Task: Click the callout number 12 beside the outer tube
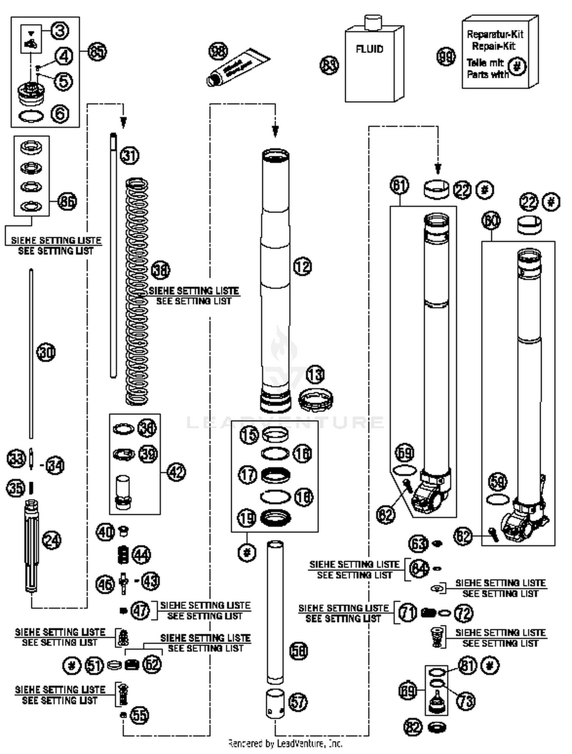[x=302, y=266]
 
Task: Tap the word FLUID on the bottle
[x=369, y=49]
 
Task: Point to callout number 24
[x=51, y=540]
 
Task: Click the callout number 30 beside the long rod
[x=46, y=352]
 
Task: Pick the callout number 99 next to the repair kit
[x=446, y=57]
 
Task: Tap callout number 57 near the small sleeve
[x=298, y=702]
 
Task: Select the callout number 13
[x=315, y=375]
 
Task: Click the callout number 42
[x=177, y=472]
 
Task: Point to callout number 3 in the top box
[x=60, y=31]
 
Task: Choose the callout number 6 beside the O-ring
[x=60, y=114]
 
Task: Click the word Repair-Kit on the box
[x=493, y=46]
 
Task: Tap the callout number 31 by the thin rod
[x=130, y=155]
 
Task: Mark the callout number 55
[x=140, y=715]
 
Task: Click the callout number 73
[x=466, y=701]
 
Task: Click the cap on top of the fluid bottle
[x=373, y=22]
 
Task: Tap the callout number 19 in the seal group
[x=247, y=518]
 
